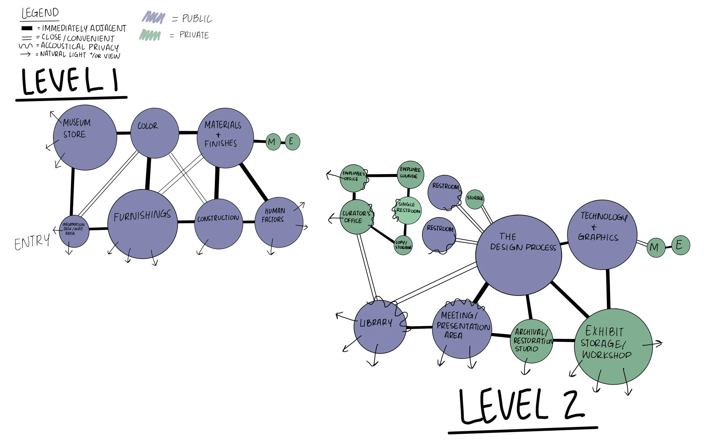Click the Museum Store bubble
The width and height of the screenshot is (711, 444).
tap(85, 137)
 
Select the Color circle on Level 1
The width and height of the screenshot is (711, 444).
tap(155, 133)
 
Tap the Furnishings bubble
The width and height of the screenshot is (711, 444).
tap(142, 224)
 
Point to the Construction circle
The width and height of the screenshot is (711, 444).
tap(219, 224)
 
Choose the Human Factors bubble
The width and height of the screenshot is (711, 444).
tap(279, 222)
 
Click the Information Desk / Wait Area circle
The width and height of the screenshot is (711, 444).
tap(74, 231)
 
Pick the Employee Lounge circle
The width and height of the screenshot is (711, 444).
tap(410, 174)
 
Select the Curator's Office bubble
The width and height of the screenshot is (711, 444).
tap(357, 217)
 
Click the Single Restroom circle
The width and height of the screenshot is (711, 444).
tap(408, 210)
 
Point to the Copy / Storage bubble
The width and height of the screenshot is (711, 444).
tap(403, 245)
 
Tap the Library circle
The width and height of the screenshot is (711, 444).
tap(380, 327)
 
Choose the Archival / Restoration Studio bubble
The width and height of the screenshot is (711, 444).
tap(532, 341)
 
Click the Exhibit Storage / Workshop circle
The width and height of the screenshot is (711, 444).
tap(613, 347)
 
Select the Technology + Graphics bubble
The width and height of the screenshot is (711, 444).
tap(602, 235)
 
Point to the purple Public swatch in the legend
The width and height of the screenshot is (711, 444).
tap(153, 18)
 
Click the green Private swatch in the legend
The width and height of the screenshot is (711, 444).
tap(150, 35)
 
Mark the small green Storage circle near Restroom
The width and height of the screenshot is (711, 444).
tap(475, 199)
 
